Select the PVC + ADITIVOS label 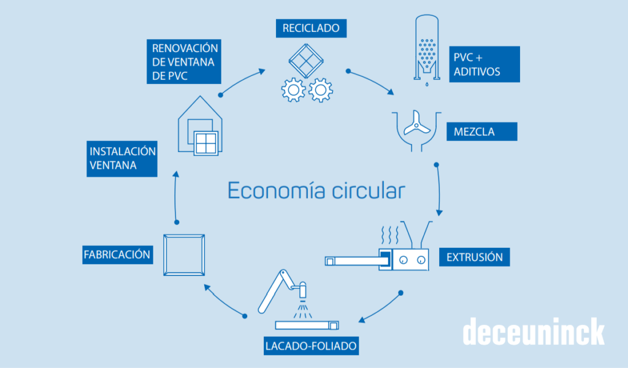484,64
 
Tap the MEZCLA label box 483,131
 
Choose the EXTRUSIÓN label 475,256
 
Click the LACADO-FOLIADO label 311,346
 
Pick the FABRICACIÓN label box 117,254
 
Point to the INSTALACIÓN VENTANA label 122,159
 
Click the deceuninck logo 533,332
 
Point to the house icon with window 200,128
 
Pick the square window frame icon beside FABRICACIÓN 183,255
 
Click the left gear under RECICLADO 293,91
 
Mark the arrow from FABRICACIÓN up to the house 175,196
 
